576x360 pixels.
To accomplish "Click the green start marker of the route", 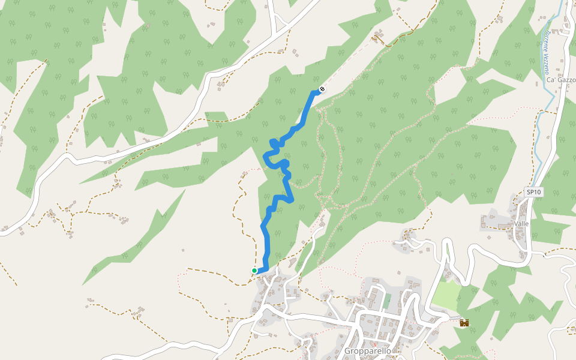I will pyautogui.click(x=254, y=271).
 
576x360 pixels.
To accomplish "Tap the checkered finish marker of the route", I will pyautogui.click(x=322, y=90).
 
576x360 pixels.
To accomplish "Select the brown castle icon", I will pyautogui.click(x=464, y=323).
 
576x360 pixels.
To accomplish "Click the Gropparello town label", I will pyautogui.click(x=368, y=350).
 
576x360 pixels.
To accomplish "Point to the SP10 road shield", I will pyautogui.click(x=533, y=192).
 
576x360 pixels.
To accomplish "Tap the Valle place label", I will pyautogui.click(x=521, y=224).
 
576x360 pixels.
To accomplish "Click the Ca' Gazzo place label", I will pyautogui.click(x=561, y=80).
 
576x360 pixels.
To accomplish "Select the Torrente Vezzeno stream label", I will pyautogui.click(x=547, y=53).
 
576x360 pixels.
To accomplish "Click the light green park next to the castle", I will pyautogui.click(x=446, y=294).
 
